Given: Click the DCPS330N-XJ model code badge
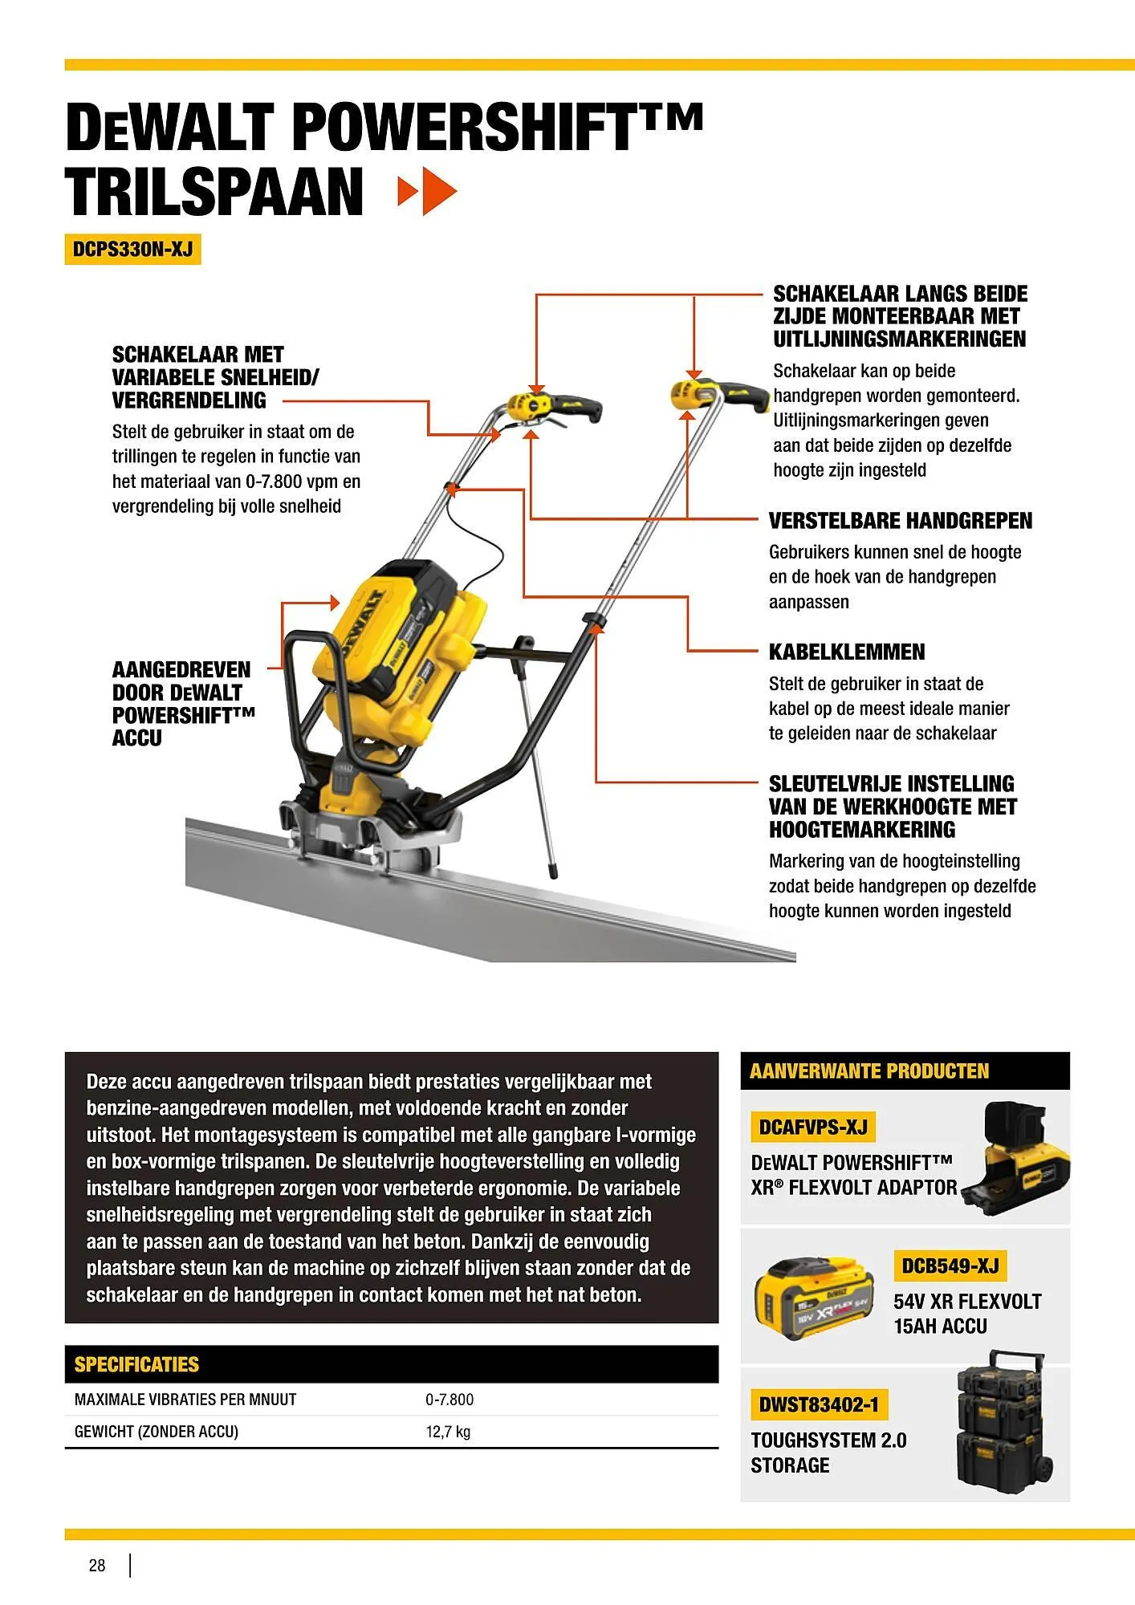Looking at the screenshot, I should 132,249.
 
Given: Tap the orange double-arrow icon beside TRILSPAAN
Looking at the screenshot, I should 427,192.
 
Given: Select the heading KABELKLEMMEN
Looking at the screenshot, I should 846,652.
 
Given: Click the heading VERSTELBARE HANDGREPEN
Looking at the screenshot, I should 900,521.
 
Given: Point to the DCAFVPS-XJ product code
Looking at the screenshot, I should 812,1128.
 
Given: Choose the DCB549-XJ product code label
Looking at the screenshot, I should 950,1266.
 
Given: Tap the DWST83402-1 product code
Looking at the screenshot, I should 819,1405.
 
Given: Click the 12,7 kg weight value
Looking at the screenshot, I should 448,1432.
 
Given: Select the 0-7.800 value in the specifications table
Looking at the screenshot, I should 450,1400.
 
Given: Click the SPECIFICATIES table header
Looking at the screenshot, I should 136,1364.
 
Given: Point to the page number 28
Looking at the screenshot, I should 97,1566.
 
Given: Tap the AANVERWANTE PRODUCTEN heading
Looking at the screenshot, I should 869,1071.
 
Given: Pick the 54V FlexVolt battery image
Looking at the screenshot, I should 812,1298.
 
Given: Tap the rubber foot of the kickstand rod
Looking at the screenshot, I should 553,870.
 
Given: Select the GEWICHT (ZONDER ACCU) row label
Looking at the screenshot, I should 157,1432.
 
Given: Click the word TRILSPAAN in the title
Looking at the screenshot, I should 214,193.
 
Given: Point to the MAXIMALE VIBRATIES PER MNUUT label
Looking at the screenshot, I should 185,1400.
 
